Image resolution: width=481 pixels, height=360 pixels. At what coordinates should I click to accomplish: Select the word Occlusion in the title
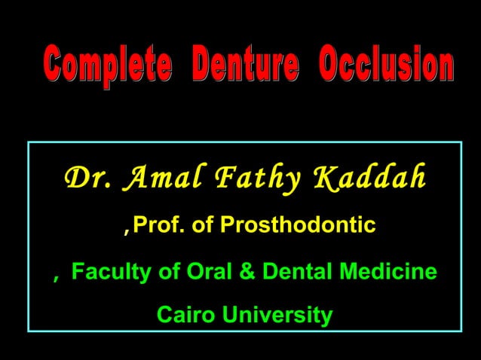coord(385,68)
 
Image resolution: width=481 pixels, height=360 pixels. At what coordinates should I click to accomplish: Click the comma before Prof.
coord(126,229)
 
